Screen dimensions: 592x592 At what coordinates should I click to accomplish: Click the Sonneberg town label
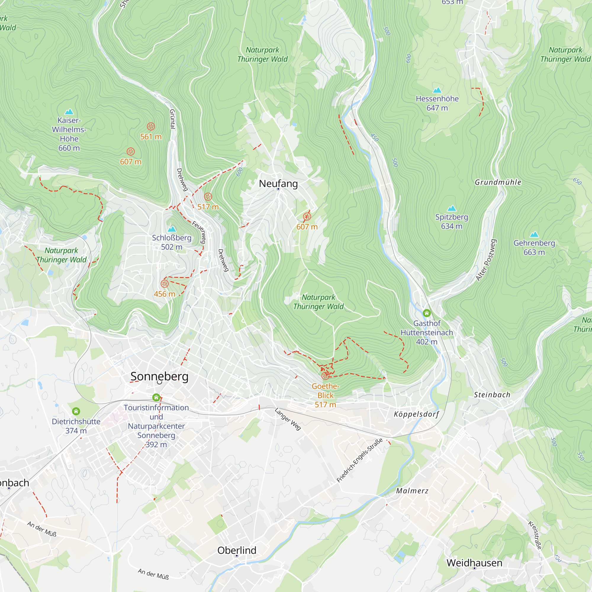pyautogui.click(x=159, y=376)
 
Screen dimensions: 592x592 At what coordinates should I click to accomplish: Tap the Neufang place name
pyautogui.click(x=278, y=184)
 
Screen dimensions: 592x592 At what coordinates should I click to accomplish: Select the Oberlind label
pyautogui.click(x=237, y=550)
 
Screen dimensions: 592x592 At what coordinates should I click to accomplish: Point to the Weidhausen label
pyautogui.click(x=474, y=563)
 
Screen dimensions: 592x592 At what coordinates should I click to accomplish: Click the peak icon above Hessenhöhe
pyautogui.click(x=437, y=90)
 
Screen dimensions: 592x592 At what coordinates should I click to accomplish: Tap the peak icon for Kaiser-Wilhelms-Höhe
pyautogui.click(x=69, y=112)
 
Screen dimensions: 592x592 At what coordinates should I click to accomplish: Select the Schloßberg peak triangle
pyautogui.click(x=172, y=229)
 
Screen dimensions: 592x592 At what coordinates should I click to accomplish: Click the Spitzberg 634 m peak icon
pyautogui.click(x=452, y=208)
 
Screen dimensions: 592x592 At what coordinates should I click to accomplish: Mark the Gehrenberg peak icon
pyautogui.click(x=534, y=234)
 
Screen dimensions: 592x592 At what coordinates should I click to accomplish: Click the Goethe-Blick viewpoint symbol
pyautogui.click(x=325, y=376)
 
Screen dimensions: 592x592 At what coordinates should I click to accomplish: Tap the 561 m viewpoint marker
pyautogui.click(x=151, y=126)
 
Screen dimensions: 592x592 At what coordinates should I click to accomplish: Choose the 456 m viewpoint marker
pyautogui.click(x=165, y=284)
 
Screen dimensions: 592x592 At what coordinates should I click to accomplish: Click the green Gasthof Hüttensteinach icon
pyautogui.click(x=427, y=313)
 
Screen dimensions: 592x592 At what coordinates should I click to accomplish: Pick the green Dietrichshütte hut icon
pyautogui.click(x=76, y=411)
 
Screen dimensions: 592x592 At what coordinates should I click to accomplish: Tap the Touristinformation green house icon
pyautogui.click(x=156, y=398)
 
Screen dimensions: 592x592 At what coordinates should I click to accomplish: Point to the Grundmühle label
pyautogui.click(x=498, y=182)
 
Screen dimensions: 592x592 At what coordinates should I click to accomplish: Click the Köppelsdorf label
pyautogui.click(x=416, y=414)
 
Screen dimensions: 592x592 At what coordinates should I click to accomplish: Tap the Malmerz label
pyautogui.click(x=412, y=491)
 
